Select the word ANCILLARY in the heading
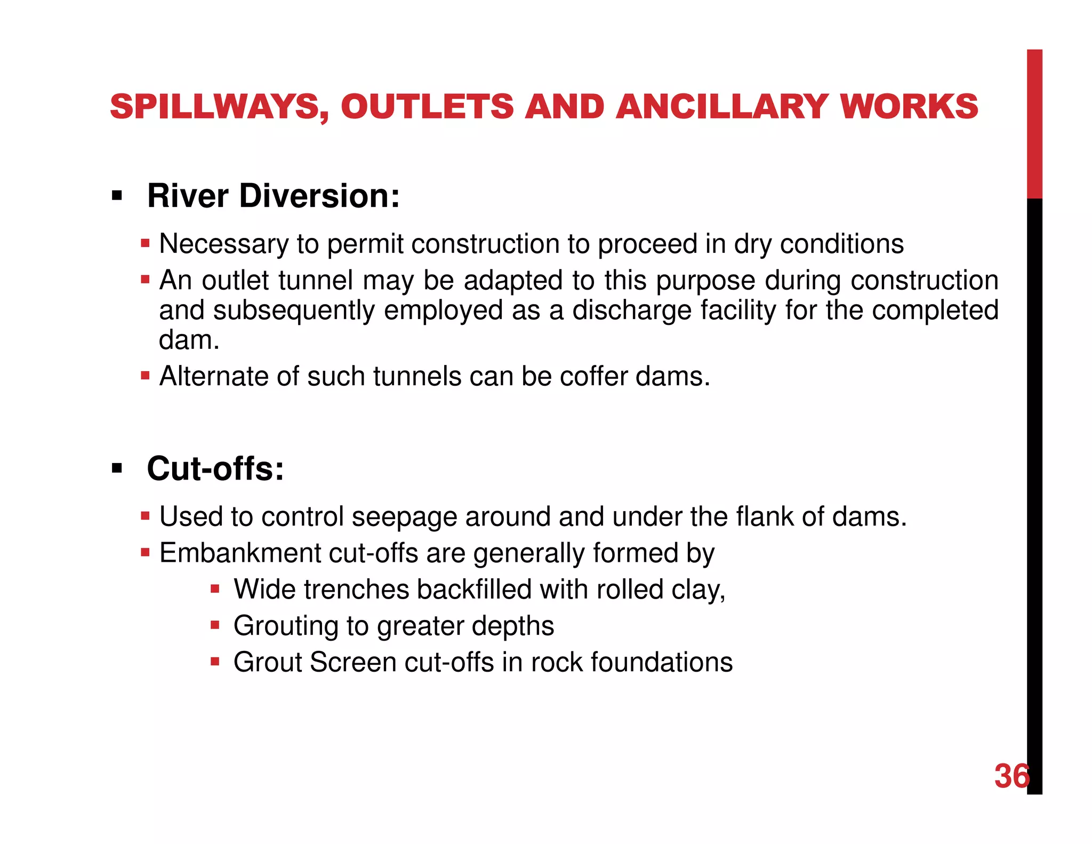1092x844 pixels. click(721, 107)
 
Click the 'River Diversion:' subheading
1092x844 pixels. click(273, 196)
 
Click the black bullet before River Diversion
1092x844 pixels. click(117, 196)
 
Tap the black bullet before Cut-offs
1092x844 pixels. click(117, 469)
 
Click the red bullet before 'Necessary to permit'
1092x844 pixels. click(145, 244)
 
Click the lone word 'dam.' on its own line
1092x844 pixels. click(189, 340)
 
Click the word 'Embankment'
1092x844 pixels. click(239, 553)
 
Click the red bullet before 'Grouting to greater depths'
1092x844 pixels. click(215, 625)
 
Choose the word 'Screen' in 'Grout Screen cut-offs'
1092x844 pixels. click(353, 662)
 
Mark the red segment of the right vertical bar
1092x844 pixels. click(1034, 124)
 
